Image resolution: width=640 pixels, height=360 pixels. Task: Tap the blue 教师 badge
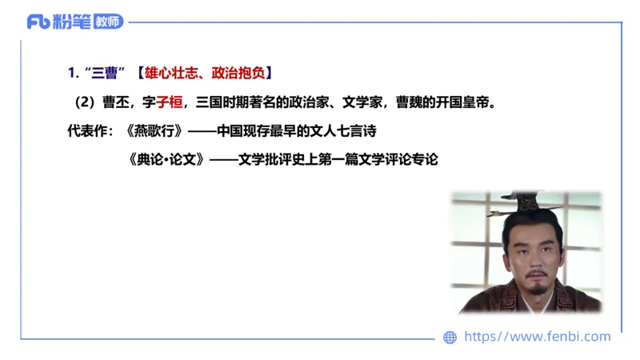click(x=108, y=22)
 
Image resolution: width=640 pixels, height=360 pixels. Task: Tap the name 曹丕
click(x=115, y=102)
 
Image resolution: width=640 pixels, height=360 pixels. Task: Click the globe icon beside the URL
click(x=450, y=338)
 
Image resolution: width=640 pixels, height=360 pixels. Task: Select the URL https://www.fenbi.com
click(x=537, y=337)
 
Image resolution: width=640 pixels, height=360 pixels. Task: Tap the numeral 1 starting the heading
click(x=71, y=74)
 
